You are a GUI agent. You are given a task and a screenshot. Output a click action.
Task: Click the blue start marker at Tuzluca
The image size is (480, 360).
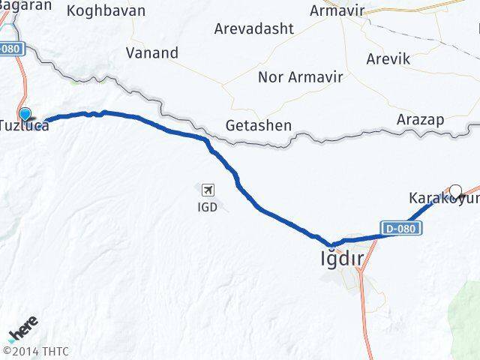tap(26, 114)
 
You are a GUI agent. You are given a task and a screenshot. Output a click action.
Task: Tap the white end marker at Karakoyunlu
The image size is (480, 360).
tap(455, 190)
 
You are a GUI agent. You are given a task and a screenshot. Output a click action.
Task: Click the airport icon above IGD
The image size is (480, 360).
tap(208, 189)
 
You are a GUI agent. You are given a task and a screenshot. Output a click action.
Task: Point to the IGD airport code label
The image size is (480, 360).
tap(208, 206)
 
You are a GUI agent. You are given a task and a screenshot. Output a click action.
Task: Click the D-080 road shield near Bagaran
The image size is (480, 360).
tap(13, 49)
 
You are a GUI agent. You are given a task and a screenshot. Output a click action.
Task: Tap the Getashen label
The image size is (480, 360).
tap(258, 125)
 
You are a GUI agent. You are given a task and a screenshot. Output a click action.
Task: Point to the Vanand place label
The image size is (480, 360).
tap(152, 53)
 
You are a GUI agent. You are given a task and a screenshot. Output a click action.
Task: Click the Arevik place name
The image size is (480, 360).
tap(388, 58)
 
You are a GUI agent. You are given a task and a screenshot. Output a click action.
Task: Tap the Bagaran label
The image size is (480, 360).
tap(26, 5)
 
